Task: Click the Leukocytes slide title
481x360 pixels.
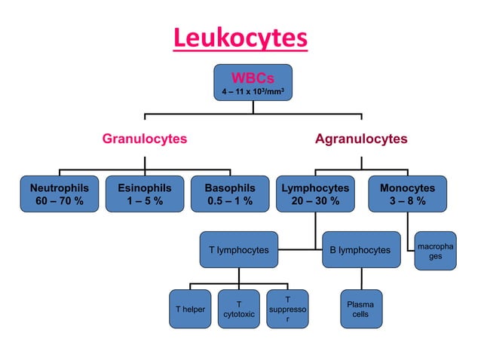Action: [x=240, y=38]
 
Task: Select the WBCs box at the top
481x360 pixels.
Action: [x=253, y=83]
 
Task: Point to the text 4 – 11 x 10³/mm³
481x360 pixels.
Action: [x=253, y=92]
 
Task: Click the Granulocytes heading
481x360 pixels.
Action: [x=145, y=139]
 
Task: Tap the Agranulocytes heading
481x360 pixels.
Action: [x=361, y=139]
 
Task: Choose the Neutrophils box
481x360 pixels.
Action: [x=59, y=194]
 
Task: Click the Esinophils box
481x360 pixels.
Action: [x=145, y=194]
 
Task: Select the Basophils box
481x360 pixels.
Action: [x=230, y=194]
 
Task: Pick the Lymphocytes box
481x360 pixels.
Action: [x=315, y=194]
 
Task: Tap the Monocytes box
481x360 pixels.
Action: [x=407, y=194]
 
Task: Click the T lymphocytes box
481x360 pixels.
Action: [x=238, y=249]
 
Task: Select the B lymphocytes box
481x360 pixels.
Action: [x=360, y=249]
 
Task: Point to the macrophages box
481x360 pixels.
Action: [x=436, y=251]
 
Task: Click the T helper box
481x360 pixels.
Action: [x=190, y=309]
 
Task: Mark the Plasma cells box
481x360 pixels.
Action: [x=360, y=309]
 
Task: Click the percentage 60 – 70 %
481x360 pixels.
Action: [x=59, y=201]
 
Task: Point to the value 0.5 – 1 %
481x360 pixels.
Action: [x=230, y=201]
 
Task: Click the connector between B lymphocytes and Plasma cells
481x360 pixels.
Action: [x=360, y=279]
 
